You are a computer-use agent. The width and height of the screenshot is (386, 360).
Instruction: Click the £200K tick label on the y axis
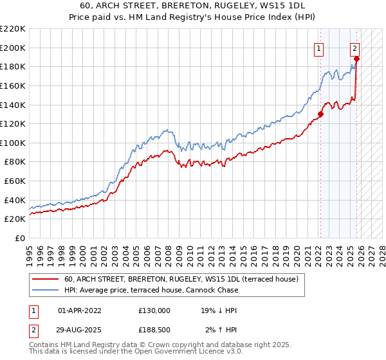coord(13,48)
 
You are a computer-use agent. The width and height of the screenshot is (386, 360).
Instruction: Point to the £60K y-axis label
coord(15,181)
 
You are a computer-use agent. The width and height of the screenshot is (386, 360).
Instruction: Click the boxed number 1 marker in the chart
coord(319,47)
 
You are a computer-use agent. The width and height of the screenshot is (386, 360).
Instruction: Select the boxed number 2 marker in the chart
coord(354,47)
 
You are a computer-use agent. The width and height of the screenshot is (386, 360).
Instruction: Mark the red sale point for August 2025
coord(356,59)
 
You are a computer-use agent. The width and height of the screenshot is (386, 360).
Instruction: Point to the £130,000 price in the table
coord(154,310)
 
